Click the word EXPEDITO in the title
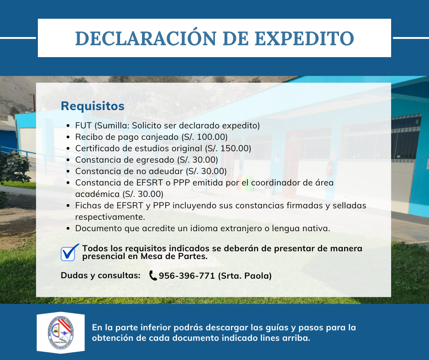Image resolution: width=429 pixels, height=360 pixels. point(304,38)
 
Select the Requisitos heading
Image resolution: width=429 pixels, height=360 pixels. point(93,106)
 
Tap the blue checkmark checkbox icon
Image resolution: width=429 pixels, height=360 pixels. point(70,252)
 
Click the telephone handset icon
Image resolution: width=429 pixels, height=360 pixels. point(153,275)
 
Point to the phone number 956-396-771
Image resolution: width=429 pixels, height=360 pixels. point(187,275)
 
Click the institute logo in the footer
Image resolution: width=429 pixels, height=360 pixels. point(60,333)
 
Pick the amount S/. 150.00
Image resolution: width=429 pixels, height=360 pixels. point(228,148)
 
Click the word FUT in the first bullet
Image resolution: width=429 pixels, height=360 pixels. point(83,126)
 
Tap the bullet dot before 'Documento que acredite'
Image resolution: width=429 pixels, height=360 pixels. point(68,229)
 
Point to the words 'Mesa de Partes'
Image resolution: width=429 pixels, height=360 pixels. point(174,256)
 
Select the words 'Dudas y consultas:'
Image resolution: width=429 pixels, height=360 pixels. point(100,275)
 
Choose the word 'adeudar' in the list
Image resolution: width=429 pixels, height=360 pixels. point(167,171)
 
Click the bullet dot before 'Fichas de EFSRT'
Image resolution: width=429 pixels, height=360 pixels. point(68,206)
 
